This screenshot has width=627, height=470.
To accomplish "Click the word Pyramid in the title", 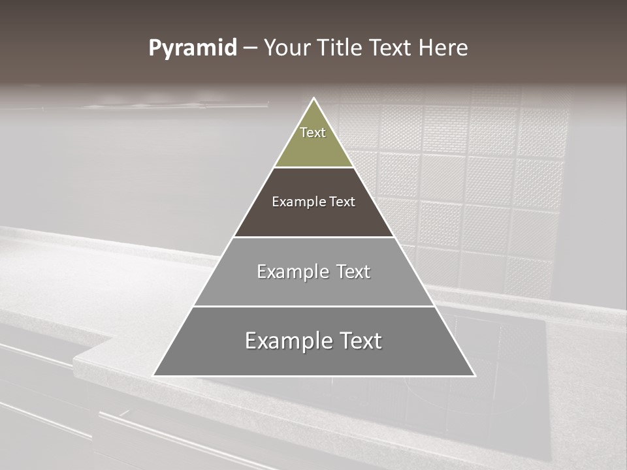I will point(193,48).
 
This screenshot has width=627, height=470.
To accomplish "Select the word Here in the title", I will point(443,48).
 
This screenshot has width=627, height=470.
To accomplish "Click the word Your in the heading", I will point(285,48).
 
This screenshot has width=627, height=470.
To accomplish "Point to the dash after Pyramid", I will point(250,48).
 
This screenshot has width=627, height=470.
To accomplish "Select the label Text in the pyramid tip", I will point(313,133).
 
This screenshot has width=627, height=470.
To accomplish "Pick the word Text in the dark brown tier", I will point(342,202).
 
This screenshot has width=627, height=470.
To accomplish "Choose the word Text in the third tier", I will point(353,272).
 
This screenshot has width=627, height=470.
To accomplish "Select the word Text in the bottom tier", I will point(358,341).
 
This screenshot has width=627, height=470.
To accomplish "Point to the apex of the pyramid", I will point(313,99).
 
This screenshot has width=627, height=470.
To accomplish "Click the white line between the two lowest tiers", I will point(313,306).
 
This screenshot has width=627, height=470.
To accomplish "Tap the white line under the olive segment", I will point(313,167).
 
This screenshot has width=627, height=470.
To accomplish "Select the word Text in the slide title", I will point(391,48).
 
